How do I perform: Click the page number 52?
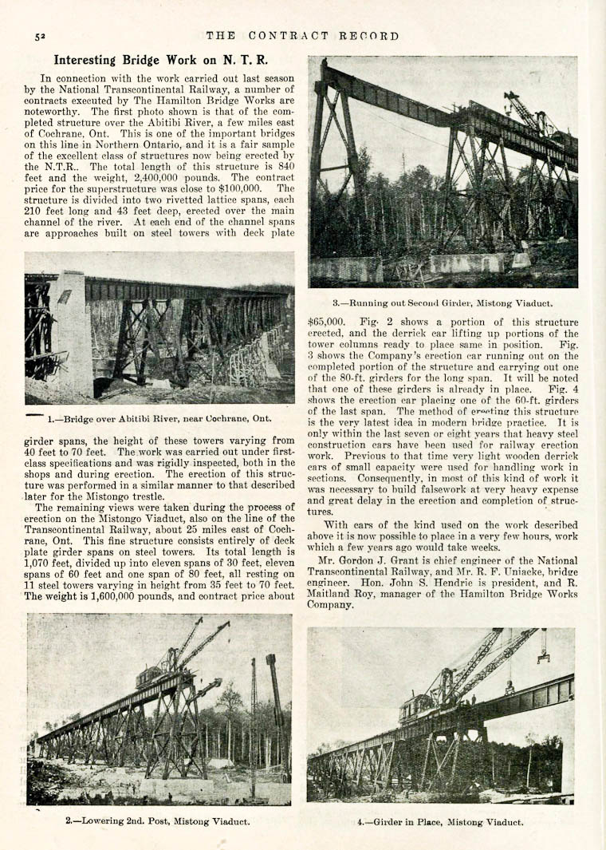coord(38,37)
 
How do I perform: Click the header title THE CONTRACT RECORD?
coord(302,36)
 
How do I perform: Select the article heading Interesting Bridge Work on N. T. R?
coord(160,60)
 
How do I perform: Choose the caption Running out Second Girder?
coord(442,302)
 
